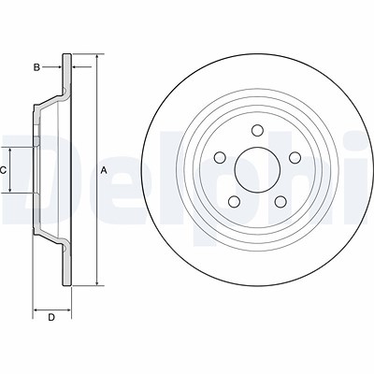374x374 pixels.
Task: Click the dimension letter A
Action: pyautogui.click(x=104, y=170)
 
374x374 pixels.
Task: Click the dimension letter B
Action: pyautogui.click(x=36, y=67)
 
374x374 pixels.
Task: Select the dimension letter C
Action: pyautogui.click(x=3, y=170)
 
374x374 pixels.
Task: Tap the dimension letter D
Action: pyautogui.click(x=51, y=318)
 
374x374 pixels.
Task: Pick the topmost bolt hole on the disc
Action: pyautogui.click(x=257, y=130)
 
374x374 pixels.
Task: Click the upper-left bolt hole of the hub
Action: pyautogui.click(x=220, y=157)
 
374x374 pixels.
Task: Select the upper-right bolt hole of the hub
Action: pyautogui.click(x=295, y=157)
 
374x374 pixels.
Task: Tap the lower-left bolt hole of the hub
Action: pyautogui.click(x=234, y=202)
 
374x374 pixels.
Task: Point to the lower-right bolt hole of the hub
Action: pyautogui.click(x=280, y=202)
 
